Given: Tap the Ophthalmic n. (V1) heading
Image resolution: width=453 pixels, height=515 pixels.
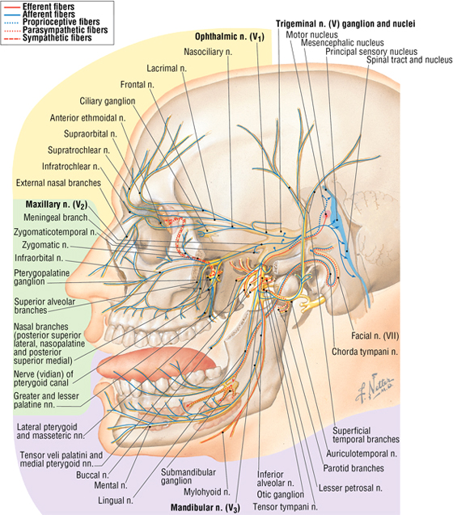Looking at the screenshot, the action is pos(230,37).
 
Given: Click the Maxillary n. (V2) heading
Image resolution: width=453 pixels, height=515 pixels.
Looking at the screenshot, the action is pos(57,205).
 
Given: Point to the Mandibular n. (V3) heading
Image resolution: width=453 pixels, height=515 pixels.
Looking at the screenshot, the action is pos(205,508).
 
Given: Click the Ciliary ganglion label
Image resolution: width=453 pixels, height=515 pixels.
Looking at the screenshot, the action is pos(108,101).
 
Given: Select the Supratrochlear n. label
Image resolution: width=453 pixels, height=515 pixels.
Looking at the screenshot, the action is pos(79,150).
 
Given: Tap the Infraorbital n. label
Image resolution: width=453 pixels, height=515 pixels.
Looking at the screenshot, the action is pos(39,258).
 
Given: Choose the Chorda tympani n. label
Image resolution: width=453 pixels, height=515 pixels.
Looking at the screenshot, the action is pos(365,352).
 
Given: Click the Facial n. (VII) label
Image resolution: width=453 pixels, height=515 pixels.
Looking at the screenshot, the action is pos(375,336).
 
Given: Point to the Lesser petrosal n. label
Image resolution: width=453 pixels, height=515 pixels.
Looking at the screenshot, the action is pos(350,488).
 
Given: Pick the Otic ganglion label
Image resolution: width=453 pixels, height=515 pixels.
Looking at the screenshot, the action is pos(281,495).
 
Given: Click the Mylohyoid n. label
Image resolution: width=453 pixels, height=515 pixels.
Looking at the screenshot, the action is pos(207,492).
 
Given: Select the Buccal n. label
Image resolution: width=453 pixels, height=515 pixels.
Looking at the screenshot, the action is pos(92,475).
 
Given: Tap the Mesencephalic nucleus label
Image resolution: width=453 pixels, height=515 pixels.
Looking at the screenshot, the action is pos(342,43).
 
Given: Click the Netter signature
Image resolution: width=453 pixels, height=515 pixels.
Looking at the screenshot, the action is pos(375,388).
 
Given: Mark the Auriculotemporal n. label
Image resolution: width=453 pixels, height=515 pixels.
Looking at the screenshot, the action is pos(362,454).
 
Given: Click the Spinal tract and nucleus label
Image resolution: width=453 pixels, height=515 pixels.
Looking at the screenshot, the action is pos(409,60).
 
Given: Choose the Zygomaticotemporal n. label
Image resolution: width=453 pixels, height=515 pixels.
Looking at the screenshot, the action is pos(55,232).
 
